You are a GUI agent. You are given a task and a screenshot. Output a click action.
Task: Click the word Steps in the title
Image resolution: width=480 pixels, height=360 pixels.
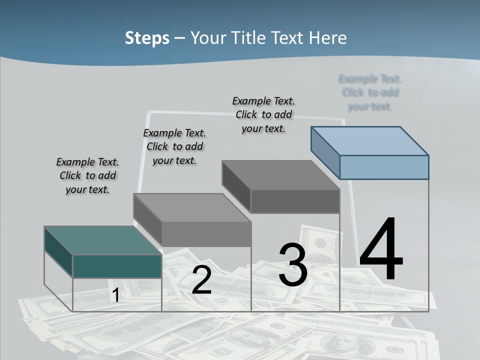pyautogui.click(x=147, y=38)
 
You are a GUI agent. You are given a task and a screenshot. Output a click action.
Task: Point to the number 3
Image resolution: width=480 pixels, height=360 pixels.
pyautogui.click(x=292, y=265)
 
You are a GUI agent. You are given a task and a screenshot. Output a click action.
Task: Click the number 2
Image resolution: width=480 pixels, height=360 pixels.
pyautogui.click(x=201, y=280)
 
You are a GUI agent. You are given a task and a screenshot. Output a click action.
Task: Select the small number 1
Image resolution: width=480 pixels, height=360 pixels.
pyautogui.click(x=115, y=295)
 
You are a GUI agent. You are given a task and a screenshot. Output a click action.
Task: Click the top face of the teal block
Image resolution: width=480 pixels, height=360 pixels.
pyautogui.click(x=102, y=240)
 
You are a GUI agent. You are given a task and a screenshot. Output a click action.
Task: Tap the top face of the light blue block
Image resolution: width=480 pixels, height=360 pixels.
pyautogui.click(x=370, y=140)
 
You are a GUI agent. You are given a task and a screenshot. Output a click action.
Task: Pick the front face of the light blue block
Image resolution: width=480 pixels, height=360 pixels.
pyautogui.click(x=384, y=167)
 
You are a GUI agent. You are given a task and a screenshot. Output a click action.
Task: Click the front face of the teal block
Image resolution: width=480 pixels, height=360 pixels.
pyautogui.click(x=117, y=266)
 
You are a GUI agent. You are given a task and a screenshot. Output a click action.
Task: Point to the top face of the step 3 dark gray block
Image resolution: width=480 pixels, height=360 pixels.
pyautogui.click(x=280, y=175)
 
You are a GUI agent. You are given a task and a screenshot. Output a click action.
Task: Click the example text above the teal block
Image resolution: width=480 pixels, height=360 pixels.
pyautogui.click(x=87, y=175)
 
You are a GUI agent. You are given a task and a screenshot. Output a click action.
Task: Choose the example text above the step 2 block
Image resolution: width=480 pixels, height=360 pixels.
pyautogui.click(x=174, y=146)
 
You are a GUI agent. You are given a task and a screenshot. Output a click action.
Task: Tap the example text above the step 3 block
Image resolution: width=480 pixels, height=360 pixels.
pyautogui.click(x=263, y=114)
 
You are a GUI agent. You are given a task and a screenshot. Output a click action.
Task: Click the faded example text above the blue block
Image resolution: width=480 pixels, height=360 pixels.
pyautogui.click(x=370, y=92)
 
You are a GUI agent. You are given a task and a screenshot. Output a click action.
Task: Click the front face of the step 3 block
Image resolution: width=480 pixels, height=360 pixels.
pyautogui.click(x=295, y=201)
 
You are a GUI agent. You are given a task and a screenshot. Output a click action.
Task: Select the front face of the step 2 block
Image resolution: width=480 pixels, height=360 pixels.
pyautogui.click(x=206, y=234)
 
